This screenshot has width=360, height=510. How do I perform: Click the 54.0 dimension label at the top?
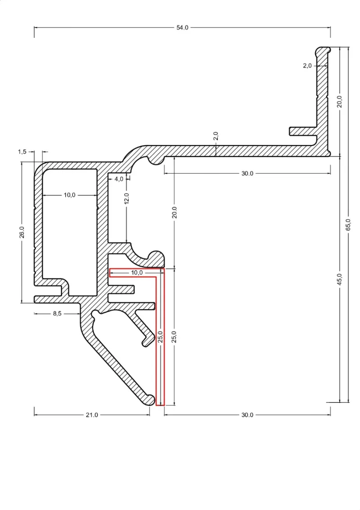click(182, 27)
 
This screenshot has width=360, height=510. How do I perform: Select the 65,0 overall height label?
click(348, 225)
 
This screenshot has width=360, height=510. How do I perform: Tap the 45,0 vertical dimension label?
click(339, 280)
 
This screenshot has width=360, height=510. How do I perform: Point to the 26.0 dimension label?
click(22, 232)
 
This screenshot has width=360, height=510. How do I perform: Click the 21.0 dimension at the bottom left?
click(92, 415)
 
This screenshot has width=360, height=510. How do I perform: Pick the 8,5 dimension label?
click(57, 314)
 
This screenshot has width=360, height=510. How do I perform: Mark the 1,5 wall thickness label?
click(22, 152)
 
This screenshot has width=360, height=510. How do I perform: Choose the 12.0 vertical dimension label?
click(126, 199)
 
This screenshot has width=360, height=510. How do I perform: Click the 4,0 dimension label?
click(119, 179)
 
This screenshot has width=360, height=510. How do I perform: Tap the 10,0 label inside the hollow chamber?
click(69, 195)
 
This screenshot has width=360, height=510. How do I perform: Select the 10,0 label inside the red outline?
click(137, 273)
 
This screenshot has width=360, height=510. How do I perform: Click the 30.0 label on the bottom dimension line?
click(247, 415)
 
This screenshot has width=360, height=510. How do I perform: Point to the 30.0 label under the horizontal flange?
click(247, 173)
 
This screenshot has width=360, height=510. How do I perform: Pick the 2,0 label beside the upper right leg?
click(307, 66)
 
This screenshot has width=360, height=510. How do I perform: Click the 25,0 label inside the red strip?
click(160, 337)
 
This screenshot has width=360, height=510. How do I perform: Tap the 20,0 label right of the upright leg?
click(339, 101)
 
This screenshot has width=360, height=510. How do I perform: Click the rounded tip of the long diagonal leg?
click(150, 400)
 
